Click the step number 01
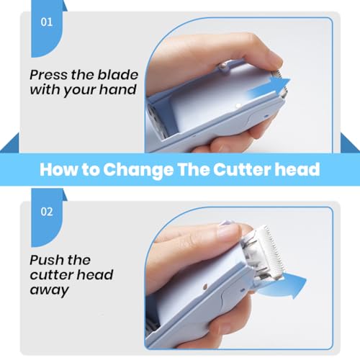coord(47,22)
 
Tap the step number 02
coord(47,212)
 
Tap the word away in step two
coord(50,290)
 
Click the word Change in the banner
coord(138,169)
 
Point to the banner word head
coord(297,169)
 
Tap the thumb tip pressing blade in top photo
coord(275,61)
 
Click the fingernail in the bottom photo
coord(227,222)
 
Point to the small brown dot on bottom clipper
coord(205,287)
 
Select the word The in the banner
coord(193,169)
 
